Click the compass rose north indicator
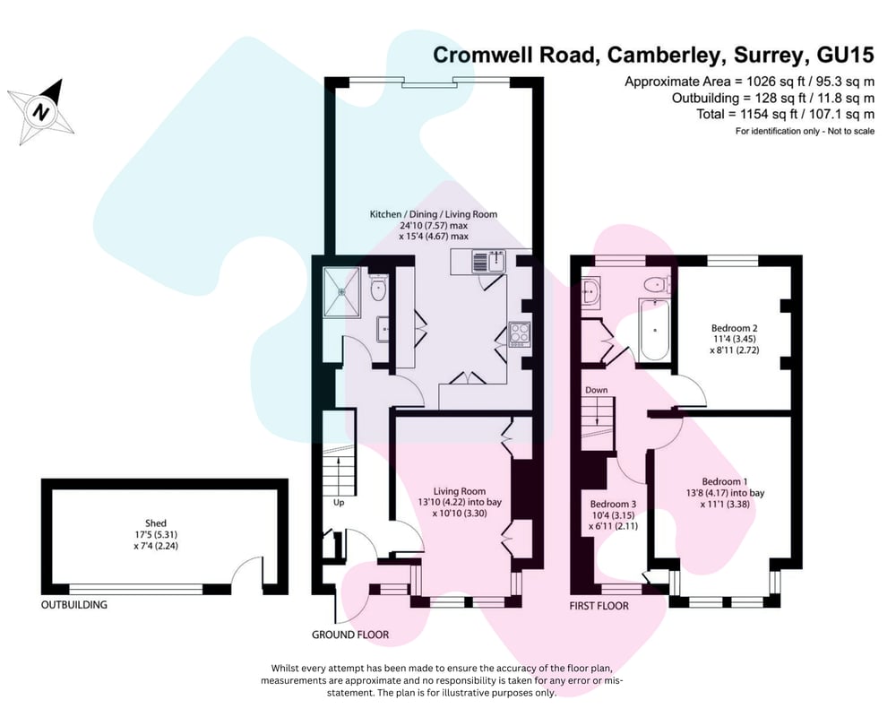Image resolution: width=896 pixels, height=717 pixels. coord(40,111)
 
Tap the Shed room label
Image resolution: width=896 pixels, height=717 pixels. coord(155,523)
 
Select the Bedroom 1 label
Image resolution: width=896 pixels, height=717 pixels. coord(725,481)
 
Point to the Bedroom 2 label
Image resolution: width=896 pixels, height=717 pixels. coord(735,328)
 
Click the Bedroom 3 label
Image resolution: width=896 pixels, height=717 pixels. coord(613,505)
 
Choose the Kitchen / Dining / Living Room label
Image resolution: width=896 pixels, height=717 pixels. coord(434,214)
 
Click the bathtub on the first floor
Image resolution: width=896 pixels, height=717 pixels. coord(654,331)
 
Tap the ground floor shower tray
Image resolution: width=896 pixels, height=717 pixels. coord(341,291)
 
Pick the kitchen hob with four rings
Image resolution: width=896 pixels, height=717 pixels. coord(520,335)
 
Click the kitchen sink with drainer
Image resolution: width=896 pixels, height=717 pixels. coord(489,263)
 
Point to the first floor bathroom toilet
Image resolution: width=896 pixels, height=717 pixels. coord(656,284)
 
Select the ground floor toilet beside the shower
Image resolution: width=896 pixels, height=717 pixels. coord(379,288)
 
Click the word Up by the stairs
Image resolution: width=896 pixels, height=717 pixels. coord(339,503)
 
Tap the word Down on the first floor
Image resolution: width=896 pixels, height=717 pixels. coord(596,390)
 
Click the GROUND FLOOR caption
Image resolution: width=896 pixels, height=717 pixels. coord(350,635)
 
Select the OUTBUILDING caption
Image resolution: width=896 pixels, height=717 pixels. coord(73,604)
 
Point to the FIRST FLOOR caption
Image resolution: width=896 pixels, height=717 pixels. coord(599,606)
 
